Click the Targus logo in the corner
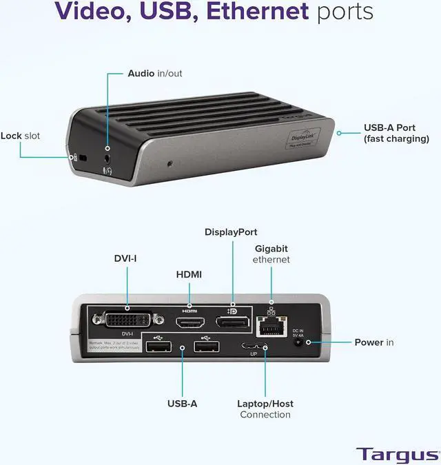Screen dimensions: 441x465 (398, 454)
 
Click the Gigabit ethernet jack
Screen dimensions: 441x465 (271, 326)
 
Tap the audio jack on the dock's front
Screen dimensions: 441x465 (107, 148)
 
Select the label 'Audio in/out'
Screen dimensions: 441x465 (155, 73)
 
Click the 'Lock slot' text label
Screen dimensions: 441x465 (20, 136)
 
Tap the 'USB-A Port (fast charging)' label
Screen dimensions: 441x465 (396, 133)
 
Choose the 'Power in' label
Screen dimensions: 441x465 (374, 342)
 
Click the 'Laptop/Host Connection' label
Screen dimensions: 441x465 (265, 409)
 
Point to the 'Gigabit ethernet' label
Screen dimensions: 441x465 (271, 254)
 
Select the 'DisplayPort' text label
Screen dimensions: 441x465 (231, 232)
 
